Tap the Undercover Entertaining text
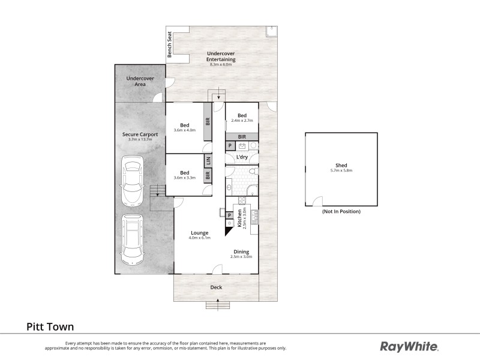pyautogui.click(x=220, y=56)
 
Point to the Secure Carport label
pyautogui.click(x=140, y=134)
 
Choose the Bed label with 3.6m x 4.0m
pyautogui.click(x=184, y=125)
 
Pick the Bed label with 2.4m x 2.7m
pyautogui.click(x=242, y=116)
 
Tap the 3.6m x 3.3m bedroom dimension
pyautogui.click(x=184, y=178)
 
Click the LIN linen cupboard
pyautogui.click(x=208, y=161)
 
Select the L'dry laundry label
pyautogui.click(x=242, y=157)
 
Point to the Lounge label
pyautogui.click(x=199, y=232)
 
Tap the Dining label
pyautogui.click(x=241, y=251)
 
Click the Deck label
pyautogui.click(x=216, y=287)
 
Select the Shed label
pyautogui.click(x=341, y=166)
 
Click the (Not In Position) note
pyautogui.click(x=341, y=212)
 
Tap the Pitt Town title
pyautogui.click(x=50, y=327)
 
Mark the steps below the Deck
pyautogui.click(x=217, y=305)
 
